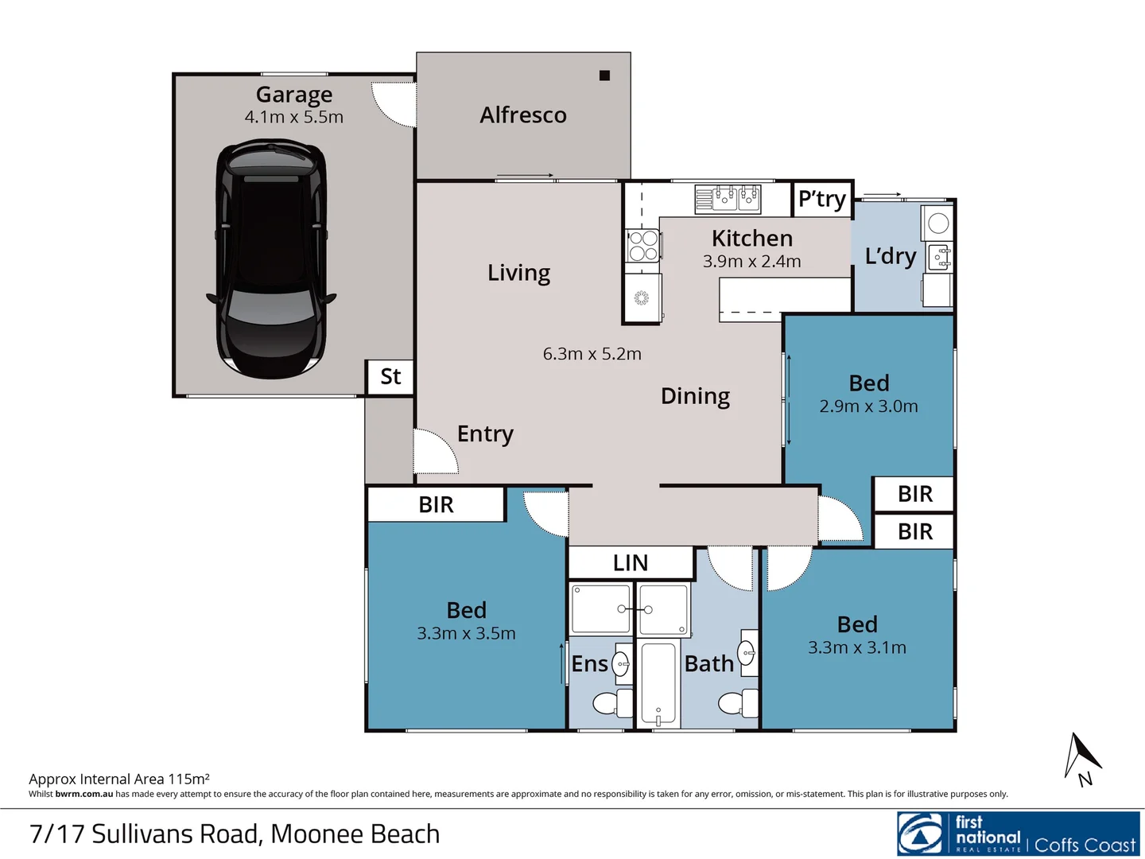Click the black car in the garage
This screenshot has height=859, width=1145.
point(270,258)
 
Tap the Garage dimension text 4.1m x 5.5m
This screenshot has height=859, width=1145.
point(294,117)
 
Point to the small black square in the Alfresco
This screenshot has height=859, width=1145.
point(604,76)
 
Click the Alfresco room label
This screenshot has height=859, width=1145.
point(523,115)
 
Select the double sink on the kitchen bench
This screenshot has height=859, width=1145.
point(728,198)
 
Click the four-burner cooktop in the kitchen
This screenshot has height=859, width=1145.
point(642,246)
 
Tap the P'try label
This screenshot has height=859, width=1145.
point(822,199)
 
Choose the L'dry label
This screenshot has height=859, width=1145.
point(891,256)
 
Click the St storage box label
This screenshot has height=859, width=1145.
point(390,377)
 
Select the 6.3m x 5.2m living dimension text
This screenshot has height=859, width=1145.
point(592,354)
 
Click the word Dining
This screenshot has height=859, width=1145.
point(695,396)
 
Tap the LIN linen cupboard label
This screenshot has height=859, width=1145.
point(631,563)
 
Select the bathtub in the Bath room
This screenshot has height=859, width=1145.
point(658,684)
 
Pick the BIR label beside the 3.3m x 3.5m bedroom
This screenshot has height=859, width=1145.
point(436,505)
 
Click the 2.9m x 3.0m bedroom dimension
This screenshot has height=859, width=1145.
point(868,406)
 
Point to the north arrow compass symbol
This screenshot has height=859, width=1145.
point(1081,759)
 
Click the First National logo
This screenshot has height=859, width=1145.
point(1018,834)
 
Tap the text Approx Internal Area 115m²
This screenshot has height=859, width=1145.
point(119,779)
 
